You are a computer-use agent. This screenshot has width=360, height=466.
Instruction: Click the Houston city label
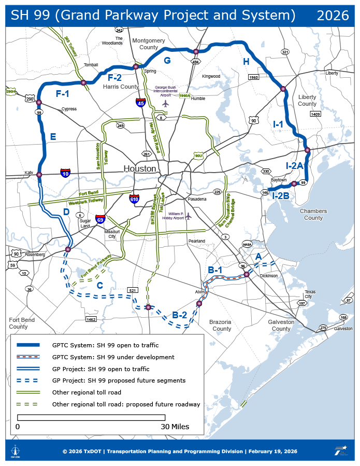point(139,168)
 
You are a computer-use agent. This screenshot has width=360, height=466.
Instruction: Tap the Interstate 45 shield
point(140,103)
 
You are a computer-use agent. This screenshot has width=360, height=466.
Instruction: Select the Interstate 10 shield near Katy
point(65,173)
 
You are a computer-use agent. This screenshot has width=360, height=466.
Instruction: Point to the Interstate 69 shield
point(100,220)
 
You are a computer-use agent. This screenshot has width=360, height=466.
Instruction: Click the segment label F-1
point(62,94)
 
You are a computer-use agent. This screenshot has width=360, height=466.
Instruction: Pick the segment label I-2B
point(281,195)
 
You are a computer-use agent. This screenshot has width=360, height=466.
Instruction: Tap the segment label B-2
point(179,315)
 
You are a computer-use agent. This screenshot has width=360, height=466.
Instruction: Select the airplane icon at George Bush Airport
point(166,103)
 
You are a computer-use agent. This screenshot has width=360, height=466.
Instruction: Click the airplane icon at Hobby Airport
point(188,216)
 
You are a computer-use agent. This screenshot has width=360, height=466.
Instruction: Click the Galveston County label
point(281,325)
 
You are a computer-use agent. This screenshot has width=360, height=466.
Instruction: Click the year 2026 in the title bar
point(333,16)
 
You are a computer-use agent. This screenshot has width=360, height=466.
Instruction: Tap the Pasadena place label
point(197,199)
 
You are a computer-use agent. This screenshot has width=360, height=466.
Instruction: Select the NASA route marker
point(247,244)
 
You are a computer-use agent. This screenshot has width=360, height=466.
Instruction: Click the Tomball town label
point(91,65)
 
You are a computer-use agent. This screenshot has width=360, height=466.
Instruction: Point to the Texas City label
point(310,294)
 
